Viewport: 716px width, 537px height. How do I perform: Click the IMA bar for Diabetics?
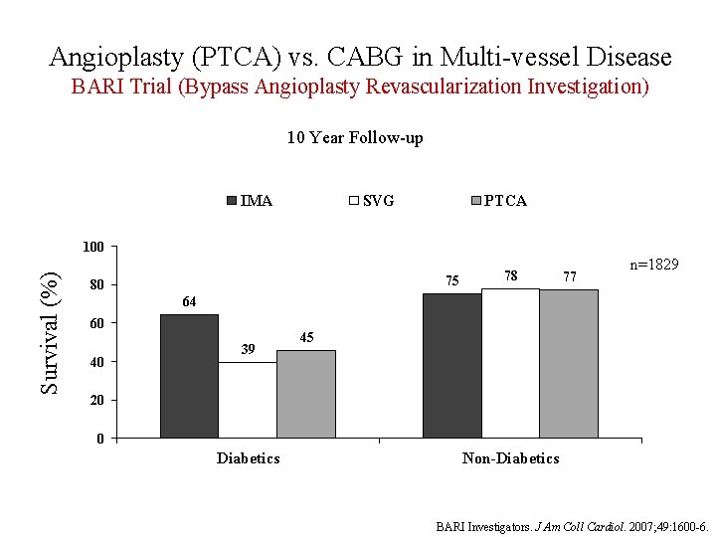(189, 376)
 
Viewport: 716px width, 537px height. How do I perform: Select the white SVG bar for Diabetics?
(248, 400)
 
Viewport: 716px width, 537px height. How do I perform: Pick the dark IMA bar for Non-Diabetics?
(451, 365)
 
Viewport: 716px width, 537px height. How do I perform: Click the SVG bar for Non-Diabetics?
(510, 363)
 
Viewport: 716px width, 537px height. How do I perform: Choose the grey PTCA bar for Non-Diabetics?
(569, 364)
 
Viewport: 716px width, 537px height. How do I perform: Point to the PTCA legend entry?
(498, 201)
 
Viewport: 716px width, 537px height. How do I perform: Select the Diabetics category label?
(248, 457)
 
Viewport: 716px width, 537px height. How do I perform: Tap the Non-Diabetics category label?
(510, 457)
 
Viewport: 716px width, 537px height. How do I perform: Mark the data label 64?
(189, 301)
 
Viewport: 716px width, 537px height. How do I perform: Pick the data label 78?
(510, 275)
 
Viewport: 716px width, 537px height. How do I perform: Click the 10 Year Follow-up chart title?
(355, 138)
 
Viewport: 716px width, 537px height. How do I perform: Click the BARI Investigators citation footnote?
(572, 525)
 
